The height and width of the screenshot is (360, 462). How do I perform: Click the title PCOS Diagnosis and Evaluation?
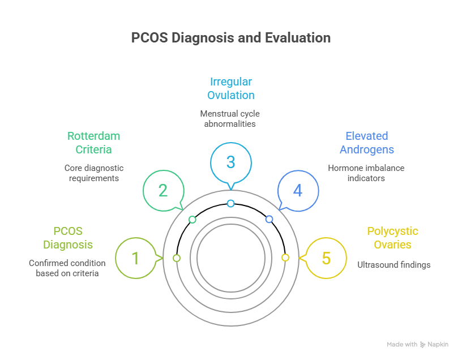click(231, 38)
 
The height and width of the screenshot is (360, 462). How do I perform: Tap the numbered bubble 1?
click(135, 258)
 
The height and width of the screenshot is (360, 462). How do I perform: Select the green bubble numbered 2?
click(163, 190)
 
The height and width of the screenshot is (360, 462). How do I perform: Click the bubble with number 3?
click(230, 162)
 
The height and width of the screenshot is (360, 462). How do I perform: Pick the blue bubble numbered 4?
click(298, 190)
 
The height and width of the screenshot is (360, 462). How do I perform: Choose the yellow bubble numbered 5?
click(326, 258)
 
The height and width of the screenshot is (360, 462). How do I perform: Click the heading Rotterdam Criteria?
click(94, 143)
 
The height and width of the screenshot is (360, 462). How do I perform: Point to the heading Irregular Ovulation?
click(230, 88)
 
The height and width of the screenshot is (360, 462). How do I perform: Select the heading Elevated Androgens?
click(367, 143)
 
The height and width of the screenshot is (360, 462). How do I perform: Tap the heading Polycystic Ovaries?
click(392, 238)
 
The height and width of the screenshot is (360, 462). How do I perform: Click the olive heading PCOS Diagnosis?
click(68, 238)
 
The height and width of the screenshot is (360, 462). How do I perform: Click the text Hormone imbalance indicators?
click(366, 173)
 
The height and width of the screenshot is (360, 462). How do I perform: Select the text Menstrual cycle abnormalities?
click(230, 118)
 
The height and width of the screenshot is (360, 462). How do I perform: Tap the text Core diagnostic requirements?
click(94, 173)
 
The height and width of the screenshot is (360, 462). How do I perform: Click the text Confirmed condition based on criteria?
click(67, 268)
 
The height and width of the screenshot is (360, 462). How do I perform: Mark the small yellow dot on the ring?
click(285, 258)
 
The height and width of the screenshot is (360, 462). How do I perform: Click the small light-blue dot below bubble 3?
click(230, 203)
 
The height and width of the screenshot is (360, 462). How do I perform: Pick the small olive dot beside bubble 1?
click(177, 258)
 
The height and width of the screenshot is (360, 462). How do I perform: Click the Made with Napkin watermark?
click(417, 344)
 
